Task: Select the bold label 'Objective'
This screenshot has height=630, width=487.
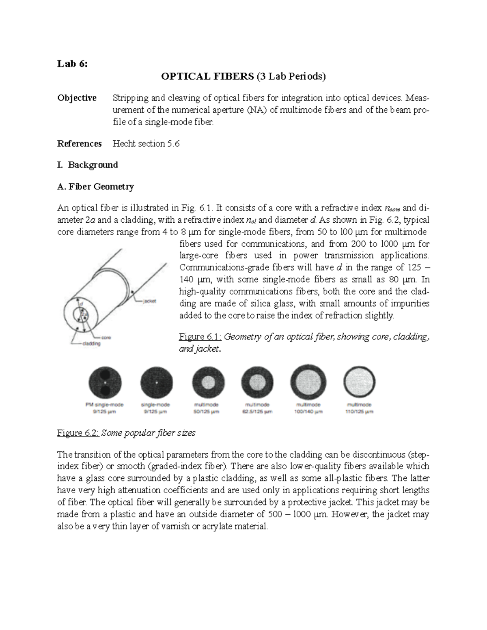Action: [77, 98]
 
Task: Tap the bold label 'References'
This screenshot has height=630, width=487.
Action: [79, 144]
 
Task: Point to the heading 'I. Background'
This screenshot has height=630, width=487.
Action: [88, 165]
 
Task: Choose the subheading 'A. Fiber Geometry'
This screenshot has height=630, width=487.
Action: [95, 187]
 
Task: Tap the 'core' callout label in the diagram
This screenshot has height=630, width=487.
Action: [106, 337]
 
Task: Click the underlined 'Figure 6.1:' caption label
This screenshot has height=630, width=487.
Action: [200, 337]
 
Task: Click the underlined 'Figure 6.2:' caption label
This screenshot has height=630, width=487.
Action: [78, 433]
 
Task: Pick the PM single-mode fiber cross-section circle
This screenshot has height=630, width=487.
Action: [105, 382]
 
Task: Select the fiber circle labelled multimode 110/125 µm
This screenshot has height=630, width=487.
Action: [359, 382]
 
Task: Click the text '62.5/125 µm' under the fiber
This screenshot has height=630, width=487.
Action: [258, 411]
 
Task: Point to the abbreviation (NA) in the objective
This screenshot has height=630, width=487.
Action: [257, 110]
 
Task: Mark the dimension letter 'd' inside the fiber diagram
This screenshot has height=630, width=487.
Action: [82, 303]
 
